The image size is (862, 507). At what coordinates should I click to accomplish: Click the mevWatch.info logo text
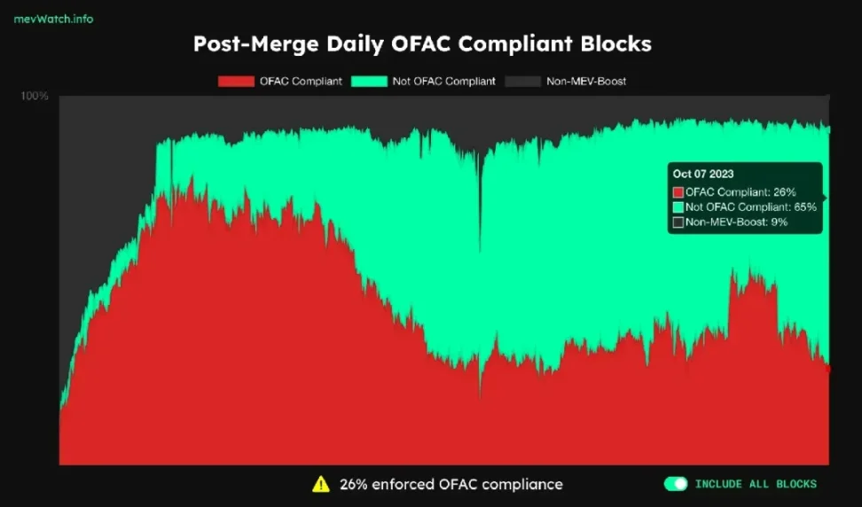point(54,19)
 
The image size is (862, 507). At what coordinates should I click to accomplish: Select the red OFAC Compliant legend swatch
point(235,82)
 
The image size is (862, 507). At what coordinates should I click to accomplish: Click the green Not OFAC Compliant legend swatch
point(370,82)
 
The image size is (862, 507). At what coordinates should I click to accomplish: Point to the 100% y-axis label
point(35,96)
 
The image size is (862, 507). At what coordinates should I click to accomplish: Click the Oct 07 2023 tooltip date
point(703,175)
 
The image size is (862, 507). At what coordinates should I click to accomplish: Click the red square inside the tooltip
point(678,191)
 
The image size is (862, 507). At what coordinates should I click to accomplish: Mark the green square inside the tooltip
point(678,207)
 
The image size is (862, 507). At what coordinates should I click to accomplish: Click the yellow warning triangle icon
point(320,484)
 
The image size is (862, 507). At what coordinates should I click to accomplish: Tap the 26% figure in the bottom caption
point(352,484)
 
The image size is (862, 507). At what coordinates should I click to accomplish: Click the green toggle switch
point(676,484)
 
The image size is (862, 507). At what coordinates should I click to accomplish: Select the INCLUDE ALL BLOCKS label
point(756,484)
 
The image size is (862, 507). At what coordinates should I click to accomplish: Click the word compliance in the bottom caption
point(522,484)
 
